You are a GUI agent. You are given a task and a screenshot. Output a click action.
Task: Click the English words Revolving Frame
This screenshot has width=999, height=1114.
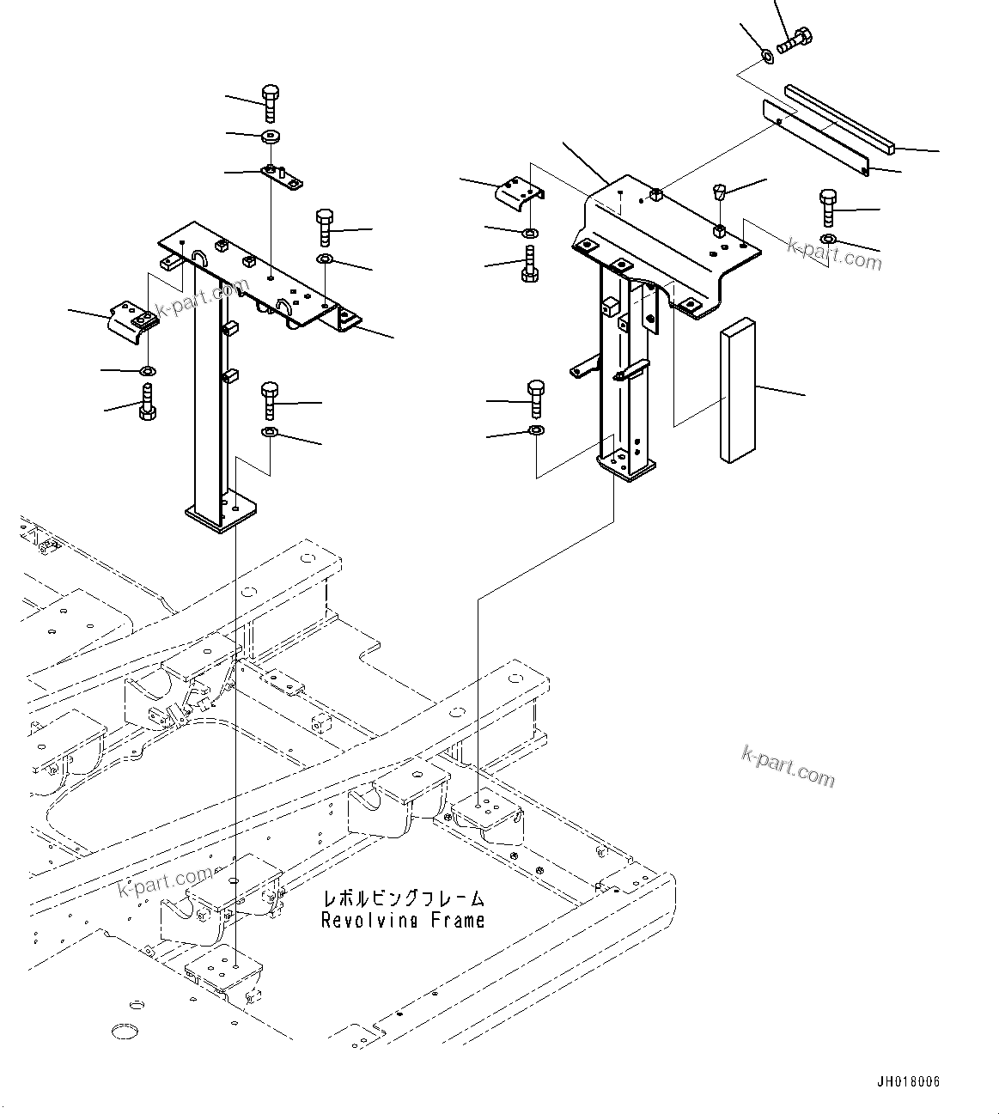click(x=402, y=920)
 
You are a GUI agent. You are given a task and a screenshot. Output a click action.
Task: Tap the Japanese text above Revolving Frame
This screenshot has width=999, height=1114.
click(x=402, y=898)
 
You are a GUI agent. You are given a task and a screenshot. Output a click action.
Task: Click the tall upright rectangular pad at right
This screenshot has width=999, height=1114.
click(x=737, y=391)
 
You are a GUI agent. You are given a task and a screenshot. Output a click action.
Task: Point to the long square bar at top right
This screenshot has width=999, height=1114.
click(x=841, y=118)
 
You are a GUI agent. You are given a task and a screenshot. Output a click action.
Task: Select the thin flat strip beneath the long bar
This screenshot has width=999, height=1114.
click(x=815, y=138)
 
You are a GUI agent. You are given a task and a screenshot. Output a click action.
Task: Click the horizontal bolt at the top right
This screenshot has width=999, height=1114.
click(x=795, y=40)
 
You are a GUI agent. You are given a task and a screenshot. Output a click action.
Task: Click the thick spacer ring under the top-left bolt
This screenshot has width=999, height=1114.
click(x=271, y=137)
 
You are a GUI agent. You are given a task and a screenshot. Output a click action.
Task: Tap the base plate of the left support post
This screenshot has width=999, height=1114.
click(x=222, y=514)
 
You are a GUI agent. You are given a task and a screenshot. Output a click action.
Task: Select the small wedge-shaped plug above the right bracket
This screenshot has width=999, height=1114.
click(x=720, y=192)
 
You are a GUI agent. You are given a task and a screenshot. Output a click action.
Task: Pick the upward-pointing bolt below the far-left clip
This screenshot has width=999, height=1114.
click(x=147, y=403)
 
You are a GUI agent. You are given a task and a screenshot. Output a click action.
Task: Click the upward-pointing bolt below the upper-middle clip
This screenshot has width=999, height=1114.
click(x=530, y=262)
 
